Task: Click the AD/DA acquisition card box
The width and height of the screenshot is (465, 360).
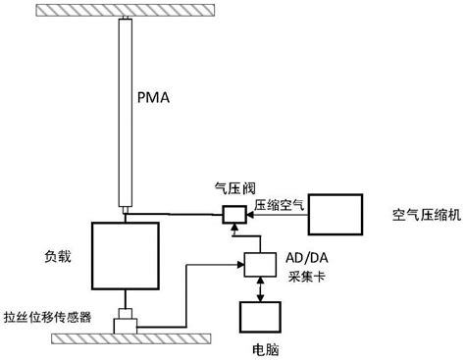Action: [x=259, y=264]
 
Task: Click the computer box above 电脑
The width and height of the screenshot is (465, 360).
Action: [x=259, y=317]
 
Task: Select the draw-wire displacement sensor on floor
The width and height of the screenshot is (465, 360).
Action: [x=126, y=323]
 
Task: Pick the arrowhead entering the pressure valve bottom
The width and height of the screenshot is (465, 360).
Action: [x=233, y=229]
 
